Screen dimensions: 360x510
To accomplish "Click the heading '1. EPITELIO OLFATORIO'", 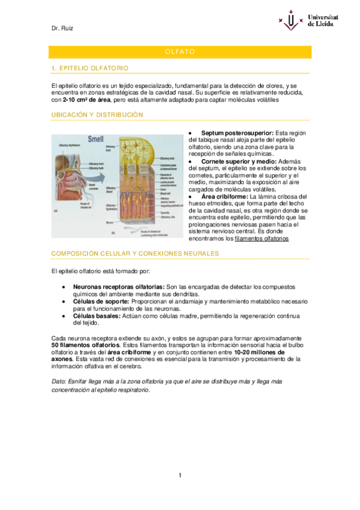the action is click(90, 68).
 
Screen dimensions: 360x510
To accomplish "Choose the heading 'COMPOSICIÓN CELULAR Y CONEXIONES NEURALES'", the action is click(135, 253).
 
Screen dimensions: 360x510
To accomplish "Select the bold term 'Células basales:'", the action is click(97, 316).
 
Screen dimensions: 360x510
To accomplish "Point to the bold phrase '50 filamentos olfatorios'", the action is click(86, 346).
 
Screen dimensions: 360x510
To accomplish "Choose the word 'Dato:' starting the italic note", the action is click(59, 382).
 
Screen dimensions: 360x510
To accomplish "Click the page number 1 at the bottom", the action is click(180, 476).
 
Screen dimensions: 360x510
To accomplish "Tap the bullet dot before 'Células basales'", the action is click(64, 316).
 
